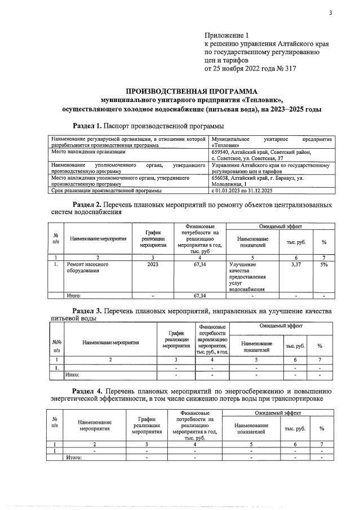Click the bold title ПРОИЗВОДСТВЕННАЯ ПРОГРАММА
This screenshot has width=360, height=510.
(x=191, y=91)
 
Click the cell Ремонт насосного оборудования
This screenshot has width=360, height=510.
(x=88, y=267)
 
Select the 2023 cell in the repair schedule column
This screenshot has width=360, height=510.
(x=153, y=264)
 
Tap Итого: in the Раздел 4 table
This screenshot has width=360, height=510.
(x=74, y=458)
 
